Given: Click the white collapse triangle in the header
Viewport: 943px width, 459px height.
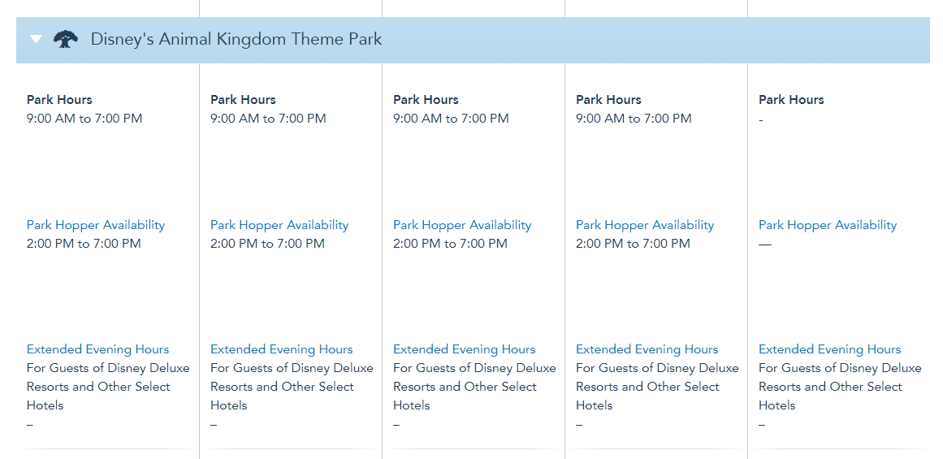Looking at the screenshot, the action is pyautogui.click(x=36, y=39).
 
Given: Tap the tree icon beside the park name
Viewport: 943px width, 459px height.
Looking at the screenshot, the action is pyautogui.click(x=66, y=39).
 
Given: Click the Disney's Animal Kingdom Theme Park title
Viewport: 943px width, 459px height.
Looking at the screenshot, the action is pyautogui.click(x=236, y=39).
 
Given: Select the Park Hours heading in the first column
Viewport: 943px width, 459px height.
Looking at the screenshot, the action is pyautogui.click(x=59, y=100).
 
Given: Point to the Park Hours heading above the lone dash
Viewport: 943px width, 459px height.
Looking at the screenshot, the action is pyautogui.click(x=791, y=100).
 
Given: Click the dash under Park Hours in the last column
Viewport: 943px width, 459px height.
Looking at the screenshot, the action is pyautogui.click(x=761, y=119).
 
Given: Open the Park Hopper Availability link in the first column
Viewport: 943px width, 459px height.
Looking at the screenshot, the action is pyautogui.click(x=96, y=225).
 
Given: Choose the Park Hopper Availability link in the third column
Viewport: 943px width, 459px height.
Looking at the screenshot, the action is pyautogui.click(x=462, y=225).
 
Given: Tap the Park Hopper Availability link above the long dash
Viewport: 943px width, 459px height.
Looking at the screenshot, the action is pyautogui.click(x=828, y=225).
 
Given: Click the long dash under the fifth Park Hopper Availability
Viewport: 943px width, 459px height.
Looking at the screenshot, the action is pyautogui.click(x=764, y=245).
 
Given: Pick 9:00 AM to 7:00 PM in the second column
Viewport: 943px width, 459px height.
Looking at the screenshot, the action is pyautogui.click(x=268, y=119).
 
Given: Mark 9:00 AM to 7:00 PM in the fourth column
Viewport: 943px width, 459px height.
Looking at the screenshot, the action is pyautogui.click(x=634, y=119).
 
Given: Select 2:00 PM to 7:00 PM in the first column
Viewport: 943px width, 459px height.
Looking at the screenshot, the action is pyautogui.click(x=84, y=244).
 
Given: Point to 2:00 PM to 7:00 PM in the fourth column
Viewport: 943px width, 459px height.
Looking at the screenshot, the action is pyautogui.click(x=633, y=244).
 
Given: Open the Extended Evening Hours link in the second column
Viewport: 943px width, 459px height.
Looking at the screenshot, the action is pyautogui.click(x=282, y=349).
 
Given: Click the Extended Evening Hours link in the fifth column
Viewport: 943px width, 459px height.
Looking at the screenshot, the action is pyautogui.click(x=830, y=349).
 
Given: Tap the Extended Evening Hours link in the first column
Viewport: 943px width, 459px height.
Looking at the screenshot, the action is pyautogui.click(x=98, y=349).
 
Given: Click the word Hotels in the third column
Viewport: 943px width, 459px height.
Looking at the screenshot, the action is pyautogui.click(x=411, y=405).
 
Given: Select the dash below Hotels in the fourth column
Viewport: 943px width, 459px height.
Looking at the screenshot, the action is pyautogui.click(x=578, y=426).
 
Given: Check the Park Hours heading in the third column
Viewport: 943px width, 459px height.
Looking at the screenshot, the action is pyautogui.click(x=426, y=100).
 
